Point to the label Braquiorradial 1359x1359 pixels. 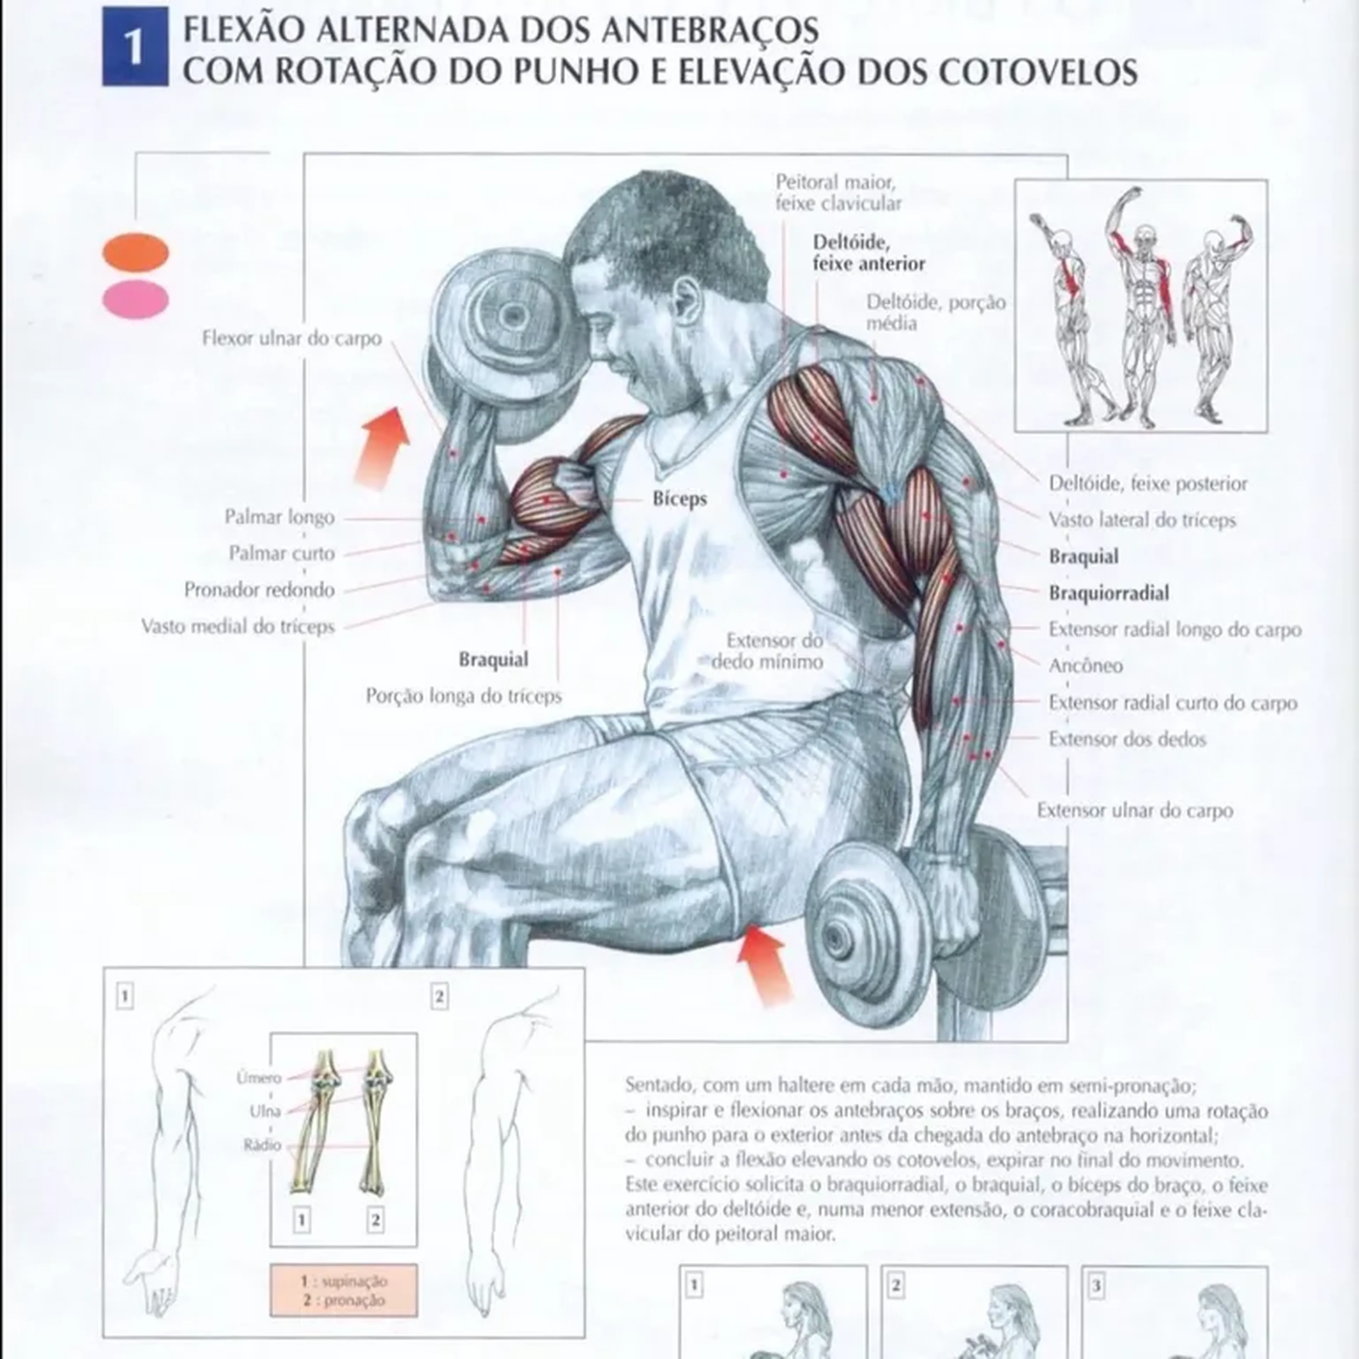coord(1108,593)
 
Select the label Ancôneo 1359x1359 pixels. coord(1085,665)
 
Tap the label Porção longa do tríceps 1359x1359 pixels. coord(464,696)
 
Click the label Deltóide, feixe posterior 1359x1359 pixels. coord(1148,484)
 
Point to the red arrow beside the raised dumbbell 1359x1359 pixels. coord(382,449)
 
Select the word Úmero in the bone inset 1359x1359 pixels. coord(259,1078)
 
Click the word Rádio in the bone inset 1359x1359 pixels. coord(262,1145)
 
